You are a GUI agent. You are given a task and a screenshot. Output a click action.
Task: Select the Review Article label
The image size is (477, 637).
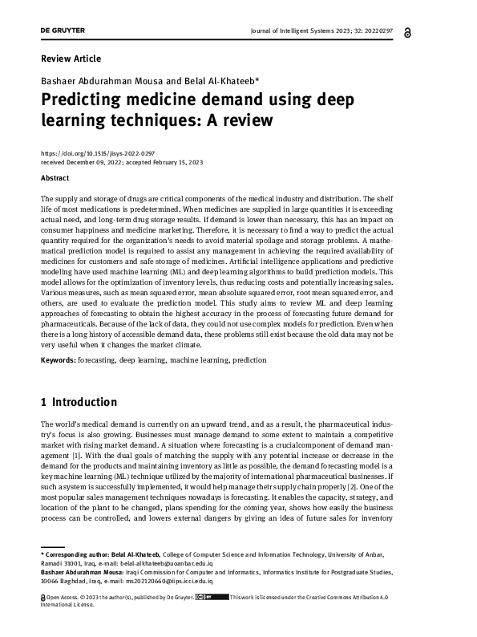pos(71,59)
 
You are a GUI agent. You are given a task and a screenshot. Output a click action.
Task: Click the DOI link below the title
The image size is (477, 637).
pos(97,152)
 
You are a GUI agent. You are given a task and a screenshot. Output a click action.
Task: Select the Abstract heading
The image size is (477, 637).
pos(55,178)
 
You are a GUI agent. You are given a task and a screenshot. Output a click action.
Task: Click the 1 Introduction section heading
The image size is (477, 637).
pos(79,402)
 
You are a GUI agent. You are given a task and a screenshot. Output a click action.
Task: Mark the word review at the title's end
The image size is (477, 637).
pos(248,121)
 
